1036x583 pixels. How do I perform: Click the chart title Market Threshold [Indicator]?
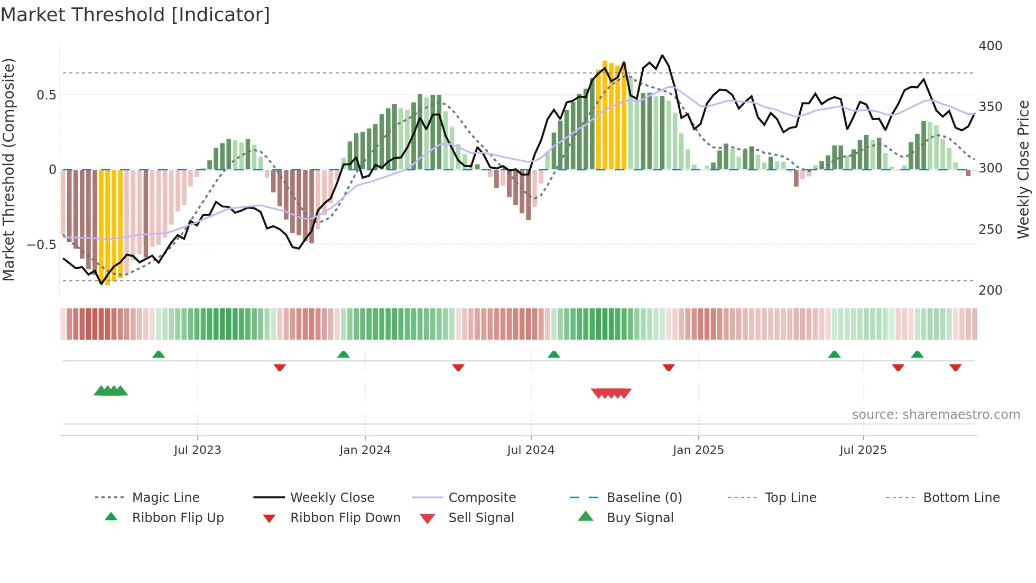click(135, 15)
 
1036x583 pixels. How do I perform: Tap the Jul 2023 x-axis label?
click(197, 450)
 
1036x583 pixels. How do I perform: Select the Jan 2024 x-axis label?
click(365, 450)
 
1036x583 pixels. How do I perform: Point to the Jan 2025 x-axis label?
click(698, 450)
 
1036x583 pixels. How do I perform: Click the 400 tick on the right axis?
click(990, 46)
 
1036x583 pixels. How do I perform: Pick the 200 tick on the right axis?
click(990, 290)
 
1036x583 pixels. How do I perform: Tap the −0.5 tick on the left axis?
click(41, 245)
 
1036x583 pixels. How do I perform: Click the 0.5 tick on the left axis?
click(46, 95)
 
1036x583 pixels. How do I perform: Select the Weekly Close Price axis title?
click(1023, 169)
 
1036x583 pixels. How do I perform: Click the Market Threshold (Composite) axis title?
click(8, 169)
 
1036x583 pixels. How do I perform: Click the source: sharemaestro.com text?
click(936, 415)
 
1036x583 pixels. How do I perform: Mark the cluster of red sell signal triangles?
click(611, 393)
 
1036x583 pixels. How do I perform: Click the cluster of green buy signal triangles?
click(110, 391)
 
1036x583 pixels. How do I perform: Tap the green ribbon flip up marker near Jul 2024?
click(553, 354)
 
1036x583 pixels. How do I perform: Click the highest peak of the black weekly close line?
click(662, 55)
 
